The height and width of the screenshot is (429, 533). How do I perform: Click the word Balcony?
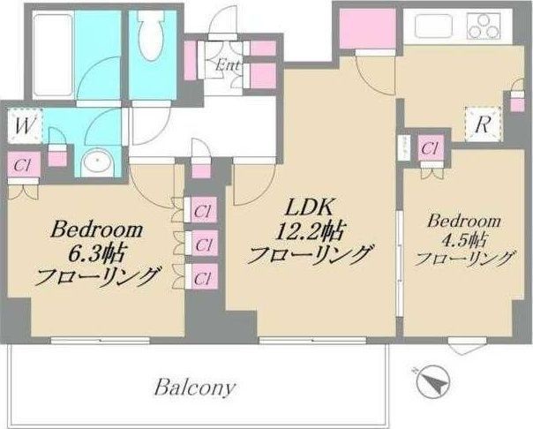pos(196,387)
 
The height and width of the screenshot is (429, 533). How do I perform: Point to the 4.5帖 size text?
pos(465,239)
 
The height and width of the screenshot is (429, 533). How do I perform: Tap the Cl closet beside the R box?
pos(431,149)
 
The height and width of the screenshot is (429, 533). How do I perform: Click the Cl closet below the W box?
pos(22,165)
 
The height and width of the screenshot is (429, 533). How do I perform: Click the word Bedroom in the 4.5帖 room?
pos(465,220)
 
